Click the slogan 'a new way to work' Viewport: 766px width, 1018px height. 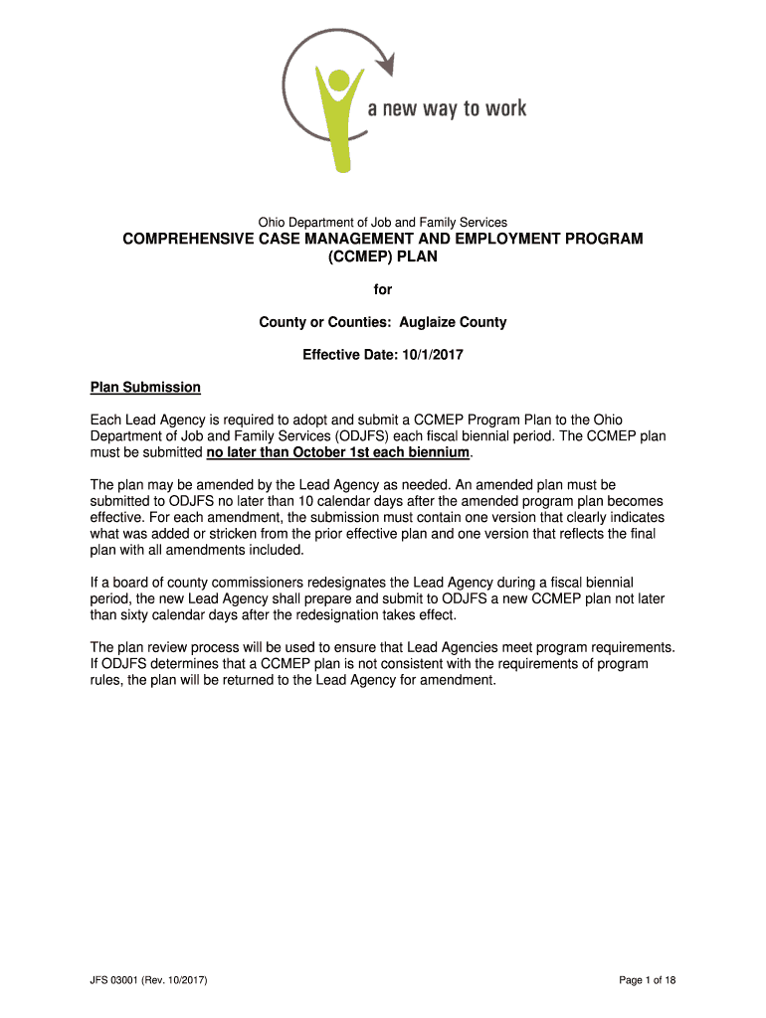tap(447, 108)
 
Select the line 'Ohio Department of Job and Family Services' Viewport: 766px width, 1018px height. tap(383, 222)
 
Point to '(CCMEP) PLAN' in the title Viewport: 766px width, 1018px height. tap(383, 256)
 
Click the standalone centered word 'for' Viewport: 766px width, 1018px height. tap(383, 289)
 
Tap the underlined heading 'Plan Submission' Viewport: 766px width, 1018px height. tap(145, 387)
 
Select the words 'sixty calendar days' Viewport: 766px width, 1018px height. tap(181, 614)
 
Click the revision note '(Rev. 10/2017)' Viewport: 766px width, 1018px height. tap(175, 981)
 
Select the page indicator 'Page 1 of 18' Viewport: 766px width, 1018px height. tap(648, 981)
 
